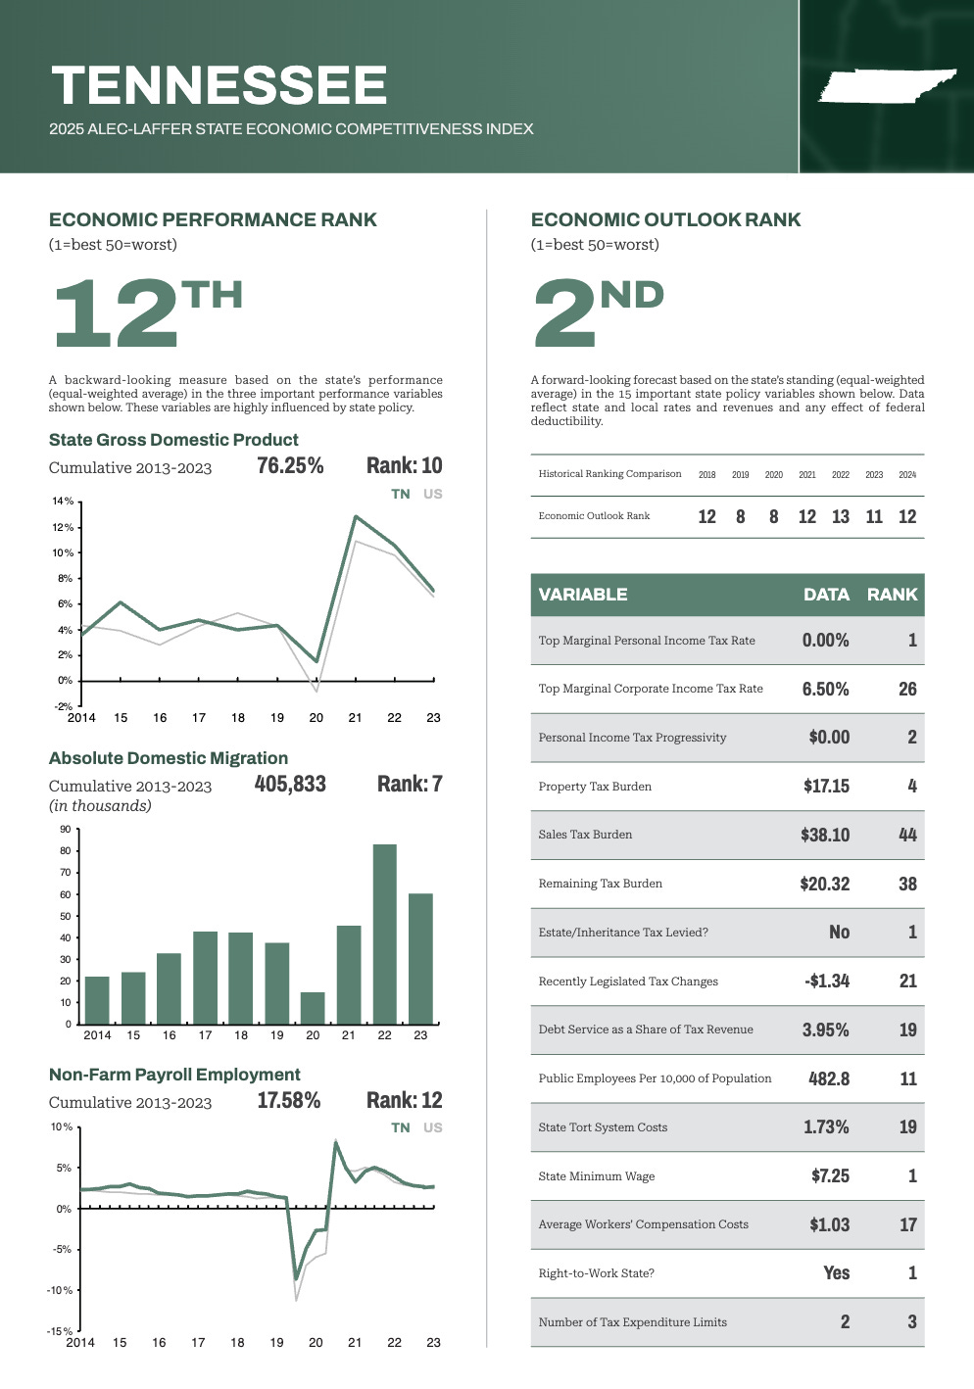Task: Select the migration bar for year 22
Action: click(x=385, y=934)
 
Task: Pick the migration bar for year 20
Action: click(x=313, y=1008)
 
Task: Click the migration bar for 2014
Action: click(x=97, y=1000)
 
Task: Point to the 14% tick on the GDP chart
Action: click(x=63, y=502)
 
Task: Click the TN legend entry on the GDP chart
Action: click(x=401, y=494)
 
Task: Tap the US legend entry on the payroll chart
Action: click(x=433, y=1127)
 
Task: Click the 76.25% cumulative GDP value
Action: click(x=290, y=465)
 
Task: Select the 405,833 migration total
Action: click(x=290, y=784)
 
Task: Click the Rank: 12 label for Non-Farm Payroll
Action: click(x=405, y=1100)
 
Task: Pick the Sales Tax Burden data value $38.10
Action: click(x=825, y=835)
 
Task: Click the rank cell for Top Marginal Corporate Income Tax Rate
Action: click(x=907, y=689)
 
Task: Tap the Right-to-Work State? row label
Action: click(x=596, y=1273)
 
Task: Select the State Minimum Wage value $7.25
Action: click(x=830, y=1175)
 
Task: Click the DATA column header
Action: click(x=826, y=595)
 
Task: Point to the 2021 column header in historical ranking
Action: click(x=807, y=475)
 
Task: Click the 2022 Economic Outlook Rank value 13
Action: click(x=841, y=516)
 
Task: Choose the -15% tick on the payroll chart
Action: click(x=61, y=1331)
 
